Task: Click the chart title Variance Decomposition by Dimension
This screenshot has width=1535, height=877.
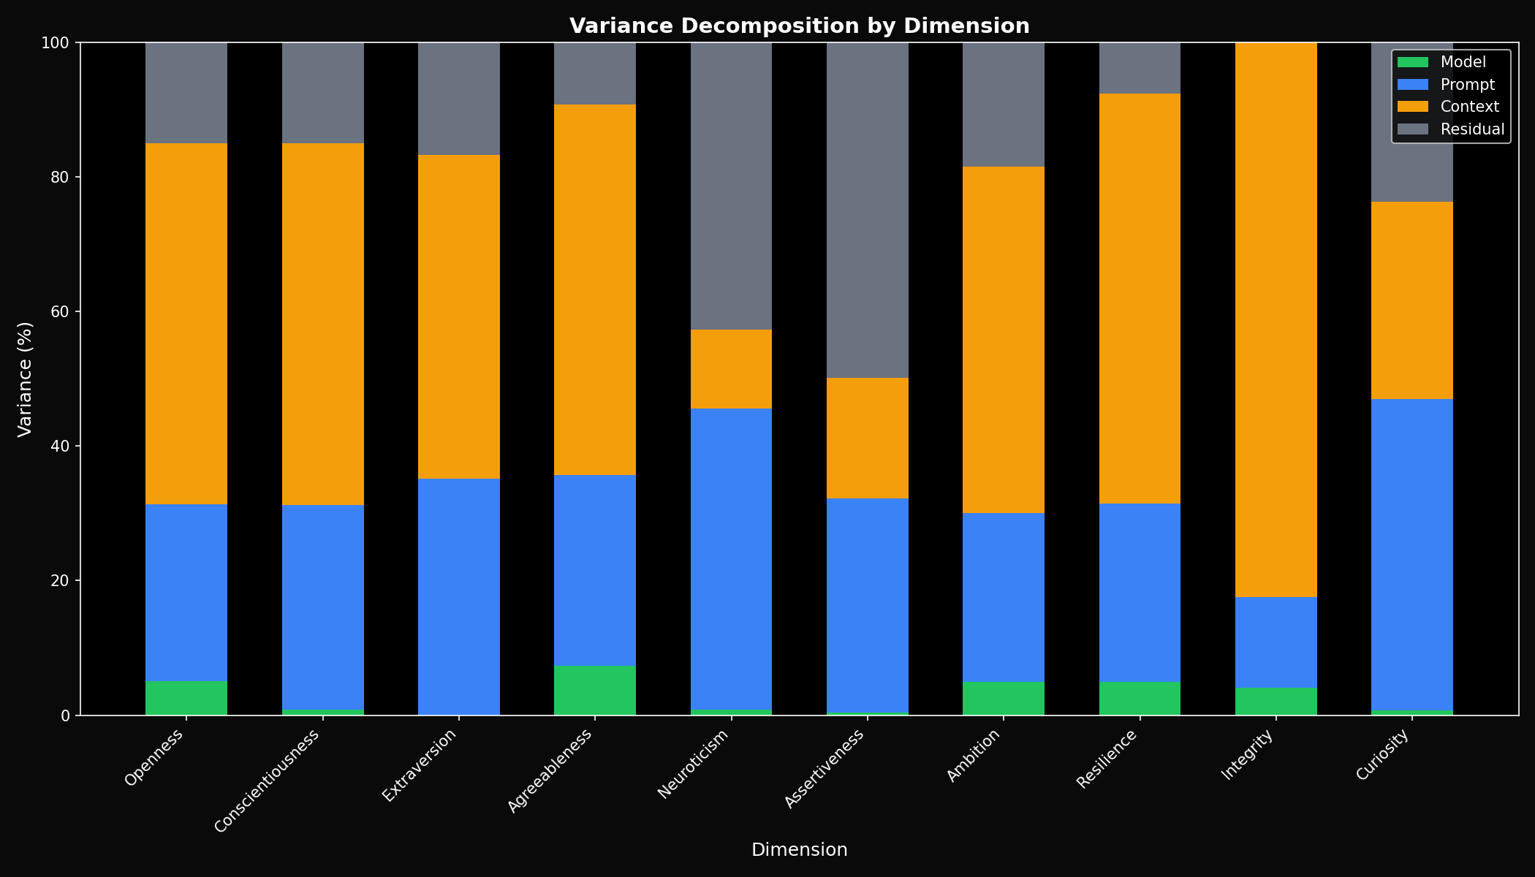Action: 799,26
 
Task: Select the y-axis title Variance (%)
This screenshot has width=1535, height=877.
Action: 26,379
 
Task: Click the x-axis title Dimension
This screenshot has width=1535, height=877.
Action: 799,850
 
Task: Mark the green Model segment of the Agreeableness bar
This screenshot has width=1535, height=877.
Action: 594,691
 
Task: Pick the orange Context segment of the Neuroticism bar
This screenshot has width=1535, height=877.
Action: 731,369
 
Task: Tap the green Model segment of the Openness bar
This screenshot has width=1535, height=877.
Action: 186,698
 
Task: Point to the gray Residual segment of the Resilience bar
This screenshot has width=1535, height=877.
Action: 1140,68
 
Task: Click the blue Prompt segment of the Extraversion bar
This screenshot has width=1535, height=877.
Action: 458,596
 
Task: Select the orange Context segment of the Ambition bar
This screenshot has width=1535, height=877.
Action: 1003,340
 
